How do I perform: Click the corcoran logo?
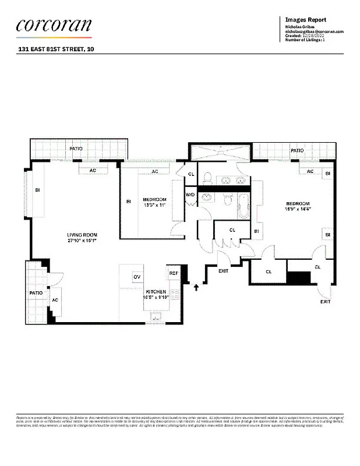pos(54,25)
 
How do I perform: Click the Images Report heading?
pos(305,19)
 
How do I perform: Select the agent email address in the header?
pos(315,31)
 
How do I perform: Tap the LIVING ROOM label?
pos(81,234)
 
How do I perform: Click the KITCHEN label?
pos(156,291)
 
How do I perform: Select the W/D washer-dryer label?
pos(190,195)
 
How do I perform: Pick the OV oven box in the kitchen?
pos(137,276)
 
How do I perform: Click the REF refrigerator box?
pos(173,273)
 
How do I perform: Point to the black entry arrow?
pos(196,286)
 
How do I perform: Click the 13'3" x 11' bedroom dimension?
pos(154,205)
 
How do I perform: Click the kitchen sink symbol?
pos(156,317)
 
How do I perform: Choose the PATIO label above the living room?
pos(76,149)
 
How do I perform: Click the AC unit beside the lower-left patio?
pos(55,299)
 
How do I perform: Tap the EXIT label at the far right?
pos(325,302)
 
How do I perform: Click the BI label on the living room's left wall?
pos(37,190)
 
